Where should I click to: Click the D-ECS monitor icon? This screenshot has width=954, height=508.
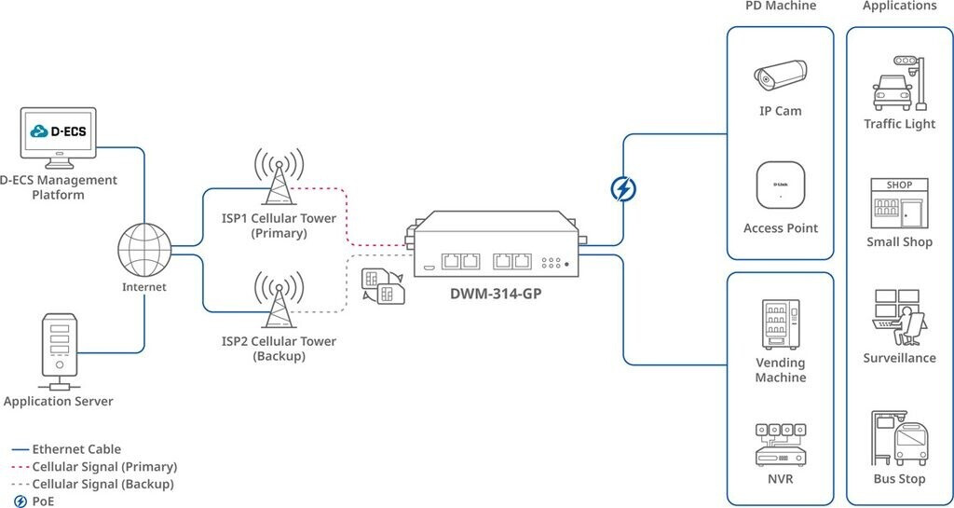(x=58, y=136)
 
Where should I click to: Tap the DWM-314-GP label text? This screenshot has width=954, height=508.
(x=497, y=294)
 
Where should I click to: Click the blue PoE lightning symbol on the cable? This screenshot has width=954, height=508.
(x=622, y=189)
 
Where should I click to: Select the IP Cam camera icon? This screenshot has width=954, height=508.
(x=780, y=77)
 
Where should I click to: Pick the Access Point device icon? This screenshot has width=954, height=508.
(x=780, y=185)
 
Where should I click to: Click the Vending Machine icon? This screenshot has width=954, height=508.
(x=780, y=323)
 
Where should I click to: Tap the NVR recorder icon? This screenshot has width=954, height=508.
(x=780, y=446)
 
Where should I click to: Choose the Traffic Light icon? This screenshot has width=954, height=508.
(x=899, y=83)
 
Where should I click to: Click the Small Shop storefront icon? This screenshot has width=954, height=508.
(x=899, y=202)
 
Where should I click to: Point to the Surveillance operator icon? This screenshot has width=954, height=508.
(x=899, y=318)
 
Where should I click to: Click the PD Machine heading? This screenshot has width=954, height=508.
(x=780, y=7)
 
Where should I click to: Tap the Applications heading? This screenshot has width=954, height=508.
(x=899, y=7)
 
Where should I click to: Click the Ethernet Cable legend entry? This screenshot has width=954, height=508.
(x=76, y=449)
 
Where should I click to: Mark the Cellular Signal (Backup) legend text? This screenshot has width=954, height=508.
(x=102, y=484)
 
